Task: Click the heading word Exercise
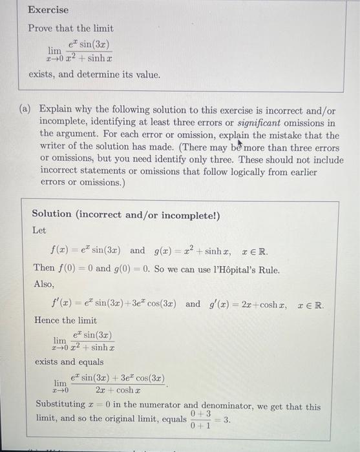[48, 10]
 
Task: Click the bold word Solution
[52, 214]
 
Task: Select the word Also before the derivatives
[44, 283]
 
